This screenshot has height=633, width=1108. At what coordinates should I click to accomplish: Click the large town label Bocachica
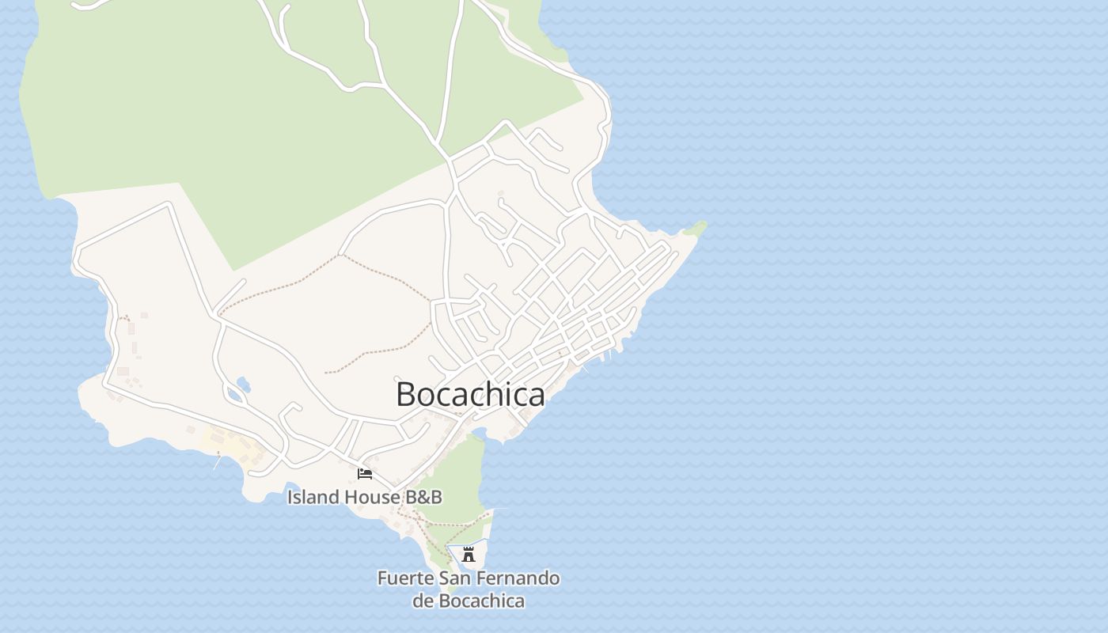[470, 394]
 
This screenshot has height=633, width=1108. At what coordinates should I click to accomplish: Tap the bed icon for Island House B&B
[365, 474]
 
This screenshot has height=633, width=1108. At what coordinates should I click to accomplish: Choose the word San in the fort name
[457, 578]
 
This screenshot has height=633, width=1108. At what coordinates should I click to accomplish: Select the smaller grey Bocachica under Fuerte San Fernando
[481, 601]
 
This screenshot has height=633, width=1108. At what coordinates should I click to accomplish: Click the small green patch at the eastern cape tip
[696, 229]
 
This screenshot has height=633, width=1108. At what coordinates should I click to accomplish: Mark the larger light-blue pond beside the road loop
[243, 385]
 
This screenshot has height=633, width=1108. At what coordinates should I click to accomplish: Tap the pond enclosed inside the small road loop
[233, 393]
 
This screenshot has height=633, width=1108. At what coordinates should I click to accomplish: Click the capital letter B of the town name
[407, 394]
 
